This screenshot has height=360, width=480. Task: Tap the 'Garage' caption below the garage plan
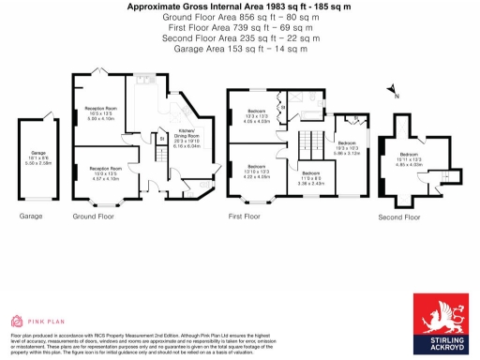[31, 216]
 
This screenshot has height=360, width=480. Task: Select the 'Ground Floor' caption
[93, 216]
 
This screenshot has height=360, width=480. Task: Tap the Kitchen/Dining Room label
[187, 142]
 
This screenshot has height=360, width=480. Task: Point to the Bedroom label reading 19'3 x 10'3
[346, 148]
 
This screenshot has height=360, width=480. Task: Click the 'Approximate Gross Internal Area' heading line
[240, 6]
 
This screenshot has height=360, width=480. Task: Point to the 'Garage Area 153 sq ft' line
[240, 49]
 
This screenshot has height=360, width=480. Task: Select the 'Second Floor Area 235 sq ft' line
[240, 38]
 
